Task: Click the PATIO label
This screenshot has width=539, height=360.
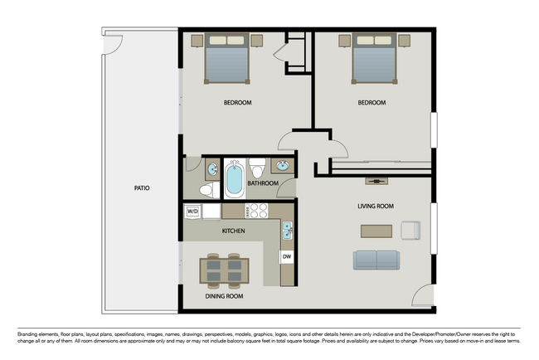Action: click(142, 188)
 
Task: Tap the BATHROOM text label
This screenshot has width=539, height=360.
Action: click(262, 183)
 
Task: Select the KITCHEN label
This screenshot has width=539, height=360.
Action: click(233, 231)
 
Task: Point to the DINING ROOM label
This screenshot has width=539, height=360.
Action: click(223, 296)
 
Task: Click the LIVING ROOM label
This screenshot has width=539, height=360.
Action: click(375, 207)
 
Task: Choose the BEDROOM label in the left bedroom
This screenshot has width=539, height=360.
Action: click(237, 103)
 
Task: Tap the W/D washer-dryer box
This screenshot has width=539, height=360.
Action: click(192, 212)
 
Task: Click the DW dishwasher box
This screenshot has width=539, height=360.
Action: click(287, 256)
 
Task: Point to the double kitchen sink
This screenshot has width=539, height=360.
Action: click(287, 229)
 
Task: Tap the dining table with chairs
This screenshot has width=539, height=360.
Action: click(223, 271)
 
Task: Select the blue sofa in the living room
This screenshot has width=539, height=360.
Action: click(376, 260)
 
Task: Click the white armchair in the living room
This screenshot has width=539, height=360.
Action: click(410, 230)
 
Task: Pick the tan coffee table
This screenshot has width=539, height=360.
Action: click(376, 231)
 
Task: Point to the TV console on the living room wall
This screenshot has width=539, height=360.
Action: click(376, 180)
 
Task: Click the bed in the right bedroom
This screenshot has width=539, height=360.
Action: click(374, 60)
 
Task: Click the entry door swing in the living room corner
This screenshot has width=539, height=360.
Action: click(423, 296)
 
